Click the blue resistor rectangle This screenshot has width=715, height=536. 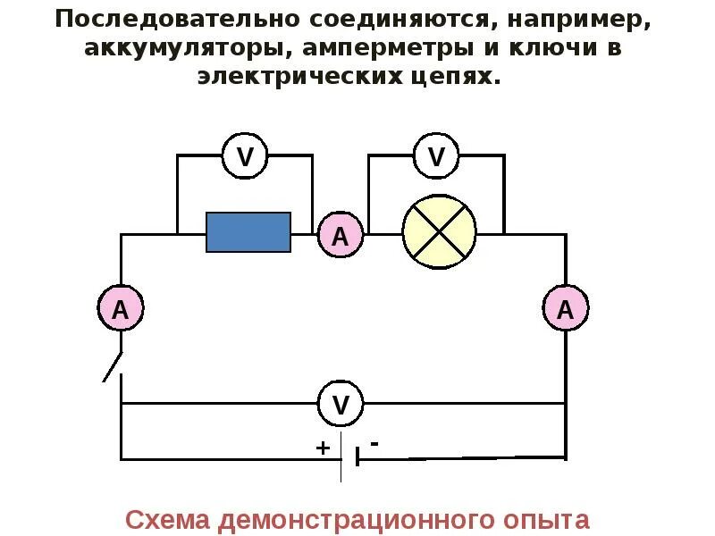(248, 232)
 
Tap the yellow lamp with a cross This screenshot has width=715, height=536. (439, 231)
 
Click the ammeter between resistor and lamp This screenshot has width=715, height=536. (341, 236)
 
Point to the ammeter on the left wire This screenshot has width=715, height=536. (120, 309)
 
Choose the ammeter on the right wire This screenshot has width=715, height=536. (565, 309)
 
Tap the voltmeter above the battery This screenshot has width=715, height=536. (341, 404)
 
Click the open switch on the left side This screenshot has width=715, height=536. (113, 364)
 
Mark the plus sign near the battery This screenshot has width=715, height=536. (323, 447)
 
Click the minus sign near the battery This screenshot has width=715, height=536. (374, 443)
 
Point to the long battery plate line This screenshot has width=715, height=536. (341, 457)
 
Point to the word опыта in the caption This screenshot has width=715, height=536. (546, 520)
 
